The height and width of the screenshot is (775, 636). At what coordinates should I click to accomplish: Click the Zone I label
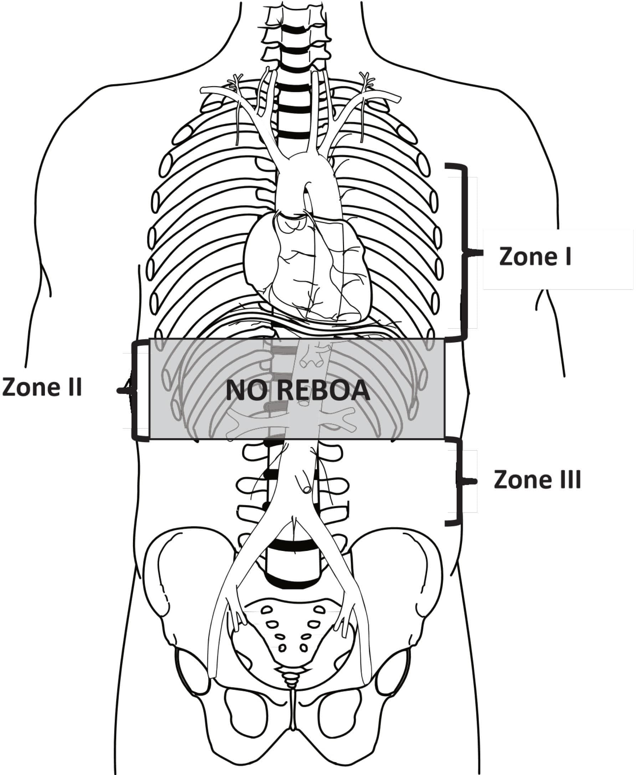535,256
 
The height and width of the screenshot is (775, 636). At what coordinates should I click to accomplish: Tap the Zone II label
42,387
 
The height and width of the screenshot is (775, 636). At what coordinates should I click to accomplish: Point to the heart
308,268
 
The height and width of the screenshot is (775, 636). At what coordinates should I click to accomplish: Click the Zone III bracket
459,481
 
